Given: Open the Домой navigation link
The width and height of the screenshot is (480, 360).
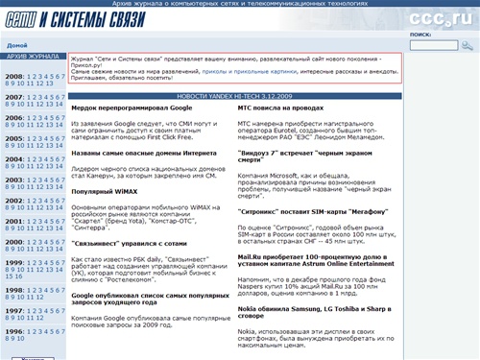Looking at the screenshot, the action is coord(16,45).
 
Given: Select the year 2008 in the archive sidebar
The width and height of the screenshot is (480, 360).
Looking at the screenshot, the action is coord(14,76).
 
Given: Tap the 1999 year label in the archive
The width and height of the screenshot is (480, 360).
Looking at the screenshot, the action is coord(14,262).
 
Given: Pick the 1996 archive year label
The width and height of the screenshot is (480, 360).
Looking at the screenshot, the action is coord(14,331).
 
